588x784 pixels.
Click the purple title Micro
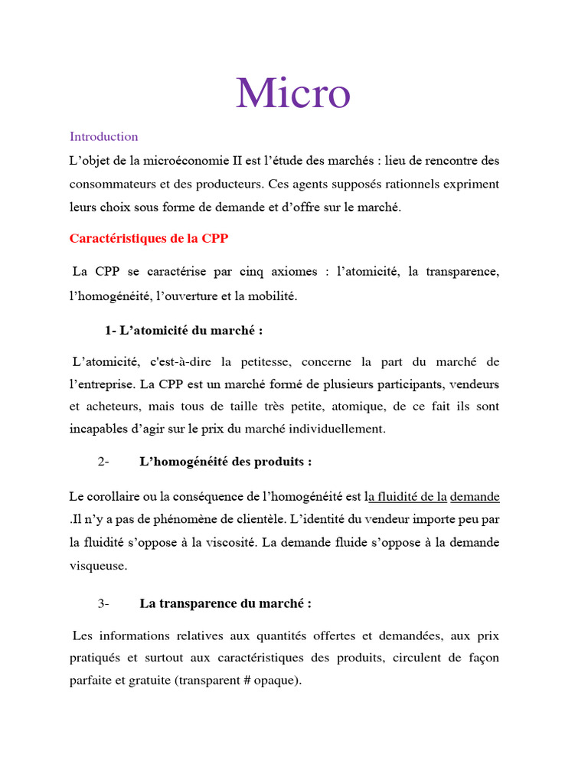pos(293,93)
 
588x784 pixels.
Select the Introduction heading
pos(104,137)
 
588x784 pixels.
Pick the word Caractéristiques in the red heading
pos(119,238)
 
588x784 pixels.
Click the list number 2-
pos(104,462)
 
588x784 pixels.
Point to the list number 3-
pos(104,603)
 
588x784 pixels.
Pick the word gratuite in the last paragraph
pos(149,681)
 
